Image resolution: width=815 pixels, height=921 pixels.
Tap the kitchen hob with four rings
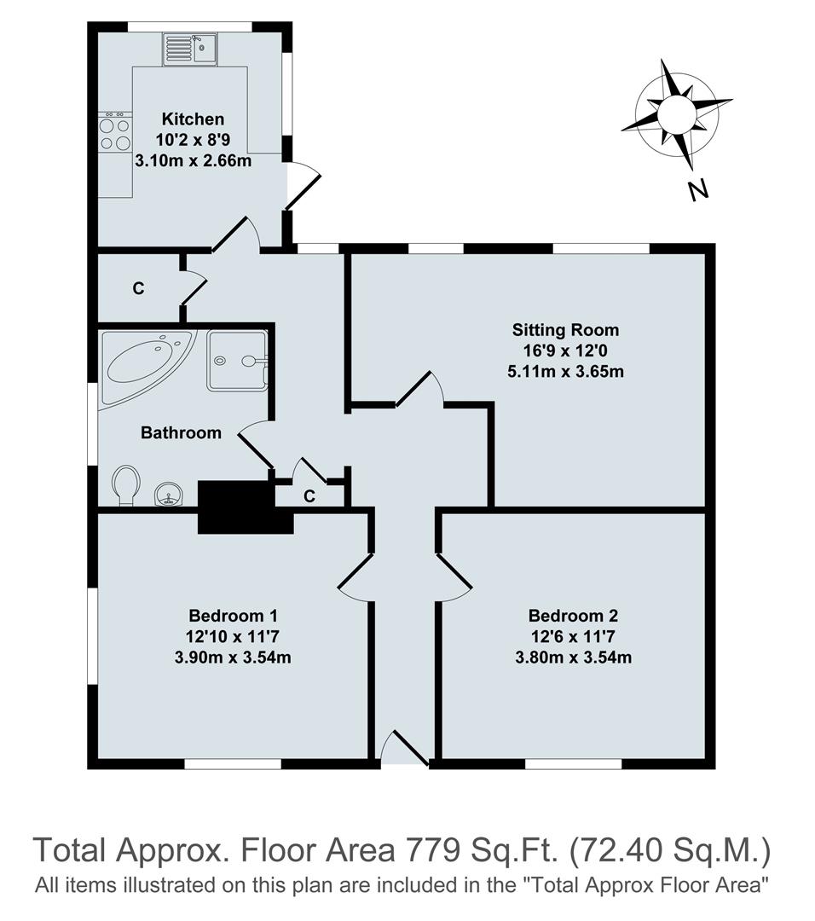coord(114,134)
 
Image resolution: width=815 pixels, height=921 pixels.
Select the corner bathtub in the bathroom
coord(142,365)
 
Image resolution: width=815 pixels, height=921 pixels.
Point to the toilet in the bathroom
coord(125,484)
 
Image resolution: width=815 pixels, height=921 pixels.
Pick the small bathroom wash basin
coord(169,495)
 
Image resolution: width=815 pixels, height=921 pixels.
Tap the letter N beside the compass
coord(698,190)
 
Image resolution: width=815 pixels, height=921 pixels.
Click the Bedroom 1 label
coord(233,616)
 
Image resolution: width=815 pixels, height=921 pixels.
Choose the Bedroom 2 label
coord(573,616)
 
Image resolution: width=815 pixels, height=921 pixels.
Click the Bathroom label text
coord(181,433)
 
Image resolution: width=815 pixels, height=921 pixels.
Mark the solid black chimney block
coord(236,507)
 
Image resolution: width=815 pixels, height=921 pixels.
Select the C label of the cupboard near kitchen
coord(138,289)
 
